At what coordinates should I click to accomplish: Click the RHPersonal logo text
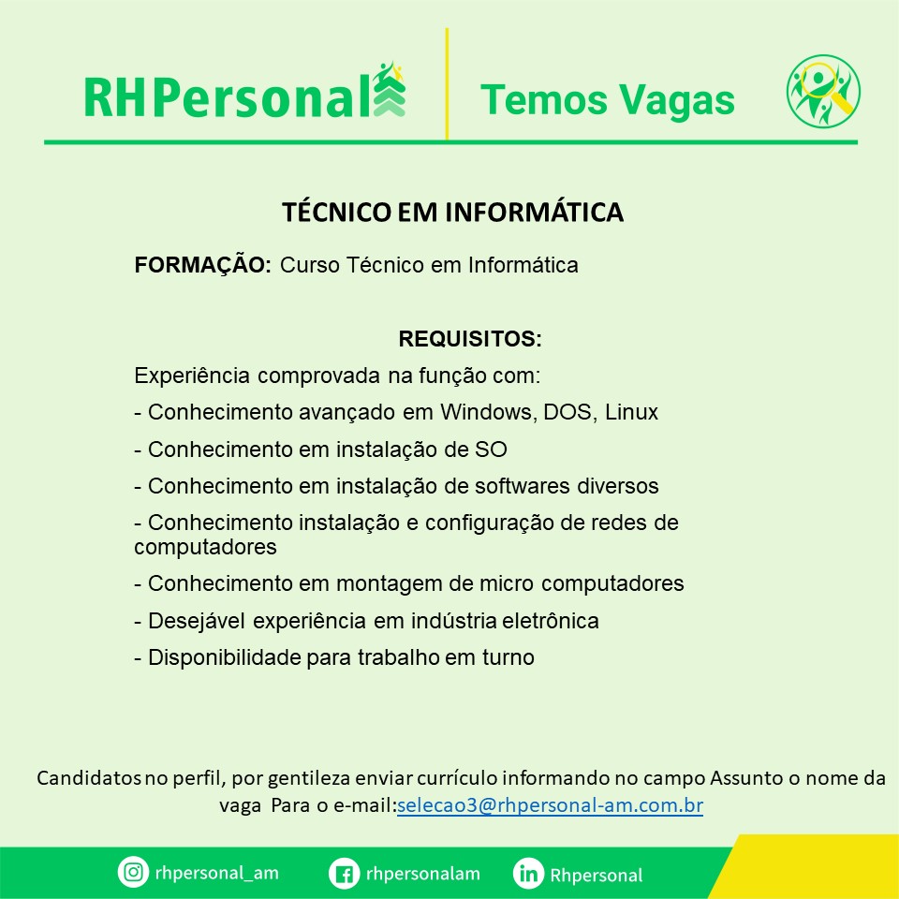[228, 97]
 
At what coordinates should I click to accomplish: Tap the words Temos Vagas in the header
[607, 100]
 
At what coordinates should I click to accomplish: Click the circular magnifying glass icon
[823, 91]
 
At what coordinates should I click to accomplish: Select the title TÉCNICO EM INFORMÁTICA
[452, 212]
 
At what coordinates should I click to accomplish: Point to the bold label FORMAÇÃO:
[203, 265]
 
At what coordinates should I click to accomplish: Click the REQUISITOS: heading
[470, 338]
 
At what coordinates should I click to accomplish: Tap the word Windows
[487, 412]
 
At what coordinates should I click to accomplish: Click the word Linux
[631, 412]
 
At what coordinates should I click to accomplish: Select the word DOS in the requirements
[567, 412]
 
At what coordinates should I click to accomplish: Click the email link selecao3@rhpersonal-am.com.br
[550, 805]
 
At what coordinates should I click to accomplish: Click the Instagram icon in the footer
[133, 872]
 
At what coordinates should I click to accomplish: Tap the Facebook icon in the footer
[344, 874]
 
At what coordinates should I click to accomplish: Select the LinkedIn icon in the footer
[528, 874]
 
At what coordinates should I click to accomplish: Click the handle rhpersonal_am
[216, 873]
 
